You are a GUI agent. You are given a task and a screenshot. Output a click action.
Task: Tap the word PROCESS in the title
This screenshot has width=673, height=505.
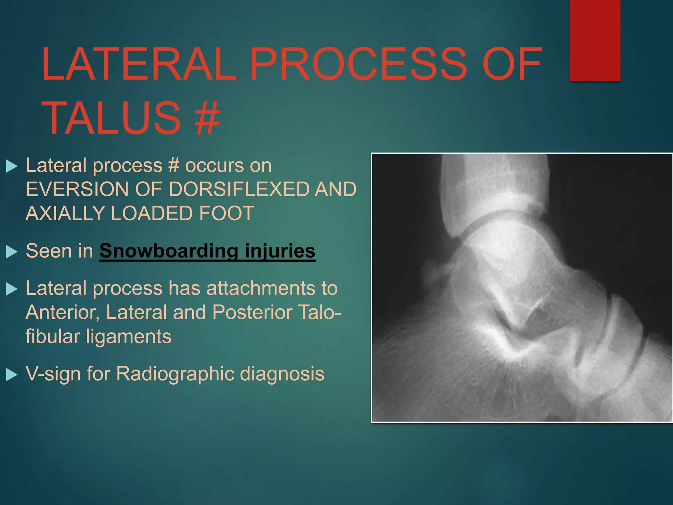358,64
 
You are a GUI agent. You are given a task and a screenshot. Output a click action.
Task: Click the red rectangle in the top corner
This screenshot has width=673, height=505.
595,40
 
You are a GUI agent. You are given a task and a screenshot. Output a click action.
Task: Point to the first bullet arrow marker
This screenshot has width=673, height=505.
12,166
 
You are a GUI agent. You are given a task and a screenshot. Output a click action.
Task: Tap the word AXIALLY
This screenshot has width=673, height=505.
65,213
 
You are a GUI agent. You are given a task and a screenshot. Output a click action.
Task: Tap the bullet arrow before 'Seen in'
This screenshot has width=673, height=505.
12,252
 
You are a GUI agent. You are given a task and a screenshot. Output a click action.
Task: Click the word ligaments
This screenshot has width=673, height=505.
128,336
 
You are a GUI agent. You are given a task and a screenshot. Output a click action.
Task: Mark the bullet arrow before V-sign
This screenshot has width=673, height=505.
12,375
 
